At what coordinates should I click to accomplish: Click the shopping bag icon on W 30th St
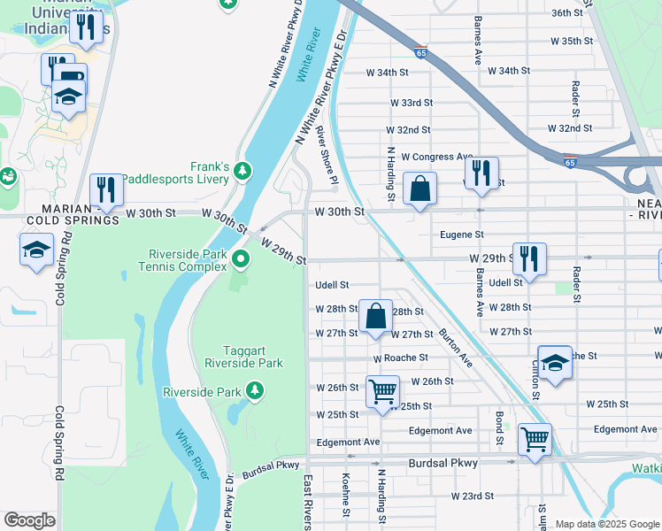coord(420,189)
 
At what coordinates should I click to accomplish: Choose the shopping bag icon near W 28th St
coord(375,315)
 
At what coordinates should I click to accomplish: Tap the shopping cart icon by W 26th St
coord(382,391)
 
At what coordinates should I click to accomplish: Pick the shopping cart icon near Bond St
coord(535,438)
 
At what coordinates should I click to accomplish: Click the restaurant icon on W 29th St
coord(529,258)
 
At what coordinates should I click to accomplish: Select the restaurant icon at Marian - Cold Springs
coord(106,189)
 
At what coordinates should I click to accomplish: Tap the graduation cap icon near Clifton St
coord(555,362)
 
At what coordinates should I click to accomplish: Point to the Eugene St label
coord(462,235)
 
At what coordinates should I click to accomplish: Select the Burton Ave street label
coord(455,348)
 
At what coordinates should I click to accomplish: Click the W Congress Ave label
coord(436,157)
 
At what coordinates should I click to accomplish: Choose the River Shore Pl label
coord(327,159)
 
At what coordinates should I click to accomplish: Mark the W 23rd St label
coord(472,496)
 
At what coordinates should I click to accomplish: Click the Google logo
coord(30,520)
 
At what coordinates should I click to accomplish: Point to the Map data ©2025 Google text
coord(606,524)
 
